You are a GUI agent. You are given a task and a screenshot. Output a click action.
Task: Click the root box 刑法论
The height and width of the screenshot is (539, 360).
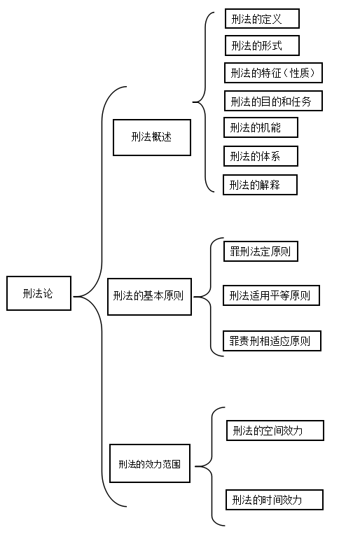tap(39, 293)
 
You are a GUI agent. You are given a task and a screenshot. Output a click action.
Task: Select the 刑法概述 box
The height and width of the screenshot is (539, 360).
tap(152, 137)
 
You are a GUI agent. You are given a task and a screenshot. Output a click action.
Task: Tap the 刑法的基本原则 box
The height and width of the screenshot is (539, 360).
tap(150, 297)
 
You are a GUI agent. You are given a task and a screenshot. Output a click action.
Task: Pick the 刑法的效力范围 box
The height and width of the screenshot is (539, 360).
tap(150, 463)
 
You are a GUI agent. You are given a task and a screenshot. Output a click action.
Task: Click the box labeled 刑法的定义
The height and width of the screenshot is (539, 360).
tap(262, 19)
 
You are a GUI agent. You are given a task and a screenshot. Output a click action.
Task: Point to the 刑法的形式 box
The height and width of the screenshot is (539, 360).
tap(262, 45)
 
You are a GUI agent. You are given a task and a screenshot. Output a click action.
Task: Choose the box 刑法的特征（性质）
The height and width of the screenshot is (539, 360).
tap(273, 73)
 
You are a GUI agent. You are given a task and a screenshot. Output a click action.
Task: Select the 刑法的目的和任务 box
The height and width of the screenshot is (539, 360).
tap(273, 101)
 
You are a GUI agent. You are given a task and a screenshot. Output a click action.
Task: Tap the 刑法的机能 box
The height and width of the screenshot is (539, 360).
tap(261, 127)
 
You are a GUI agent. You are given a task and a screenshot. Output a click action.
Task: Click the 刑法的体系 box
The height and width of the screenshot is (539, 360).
tap(261, 156)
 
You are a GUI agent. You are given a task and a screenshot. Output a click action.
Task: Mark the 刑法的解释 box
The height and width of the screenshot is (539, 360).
tap(260, 185)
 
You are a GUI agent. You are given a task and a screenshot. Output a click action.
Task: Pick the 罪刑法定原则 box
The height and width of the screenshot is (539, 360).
tap(261, 251)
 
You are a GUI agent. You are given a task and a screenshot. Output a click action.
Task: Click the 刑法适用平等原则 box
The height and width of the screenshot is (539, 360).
tap(271, 295)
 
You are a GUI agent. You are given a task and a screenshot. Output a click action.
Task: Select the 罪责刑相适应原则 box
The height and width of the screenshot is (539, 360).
tap(272, 341)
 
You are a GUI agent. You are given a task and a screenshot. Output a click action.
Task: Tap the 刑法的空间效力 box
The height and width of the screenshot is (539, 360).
tap(275, 430)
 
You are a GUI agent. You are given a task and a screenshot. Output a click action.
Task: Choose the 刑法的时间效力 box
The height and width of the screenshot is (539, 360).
tap(275, 500)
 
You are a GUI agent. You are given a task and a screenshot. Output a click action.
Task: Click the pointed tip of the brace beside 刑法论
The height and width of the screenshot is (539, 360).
tap(74, 296)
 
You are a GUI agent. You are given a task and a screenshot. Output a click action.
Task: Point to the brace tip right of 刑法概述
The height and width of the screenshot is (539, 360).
tap(193, 102)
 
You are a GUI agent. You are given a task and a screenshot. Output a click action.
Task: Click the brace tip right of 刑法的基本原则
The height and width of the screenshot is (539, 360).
tap(194, 297)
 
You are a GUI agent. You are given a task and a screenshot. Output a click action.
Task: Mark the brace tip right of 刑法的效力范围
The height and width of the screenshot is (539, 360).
tap(195, 466)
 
